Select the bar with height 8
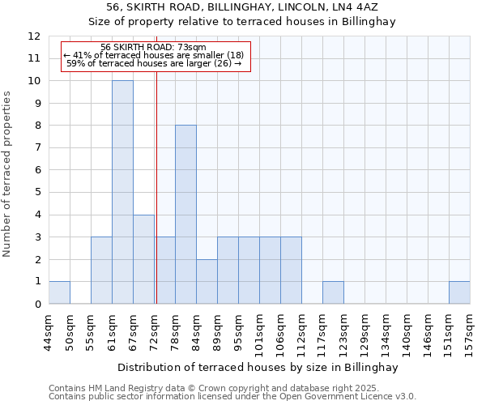click(185, 214)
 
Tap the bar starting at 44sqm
click(59, 292)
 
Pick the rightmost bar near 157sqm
click(459, 292)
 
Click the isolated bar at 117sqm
click(333, 292)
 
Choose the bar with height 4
click(143, 259)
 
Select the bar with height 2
click(207, 281)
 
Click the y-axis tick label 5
click(37, 193)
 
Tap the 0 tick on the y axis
click(37, 305)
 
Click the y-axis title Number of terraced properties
click(7, 173)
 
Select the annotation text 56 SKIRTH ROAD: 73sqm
click(154, 48)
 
